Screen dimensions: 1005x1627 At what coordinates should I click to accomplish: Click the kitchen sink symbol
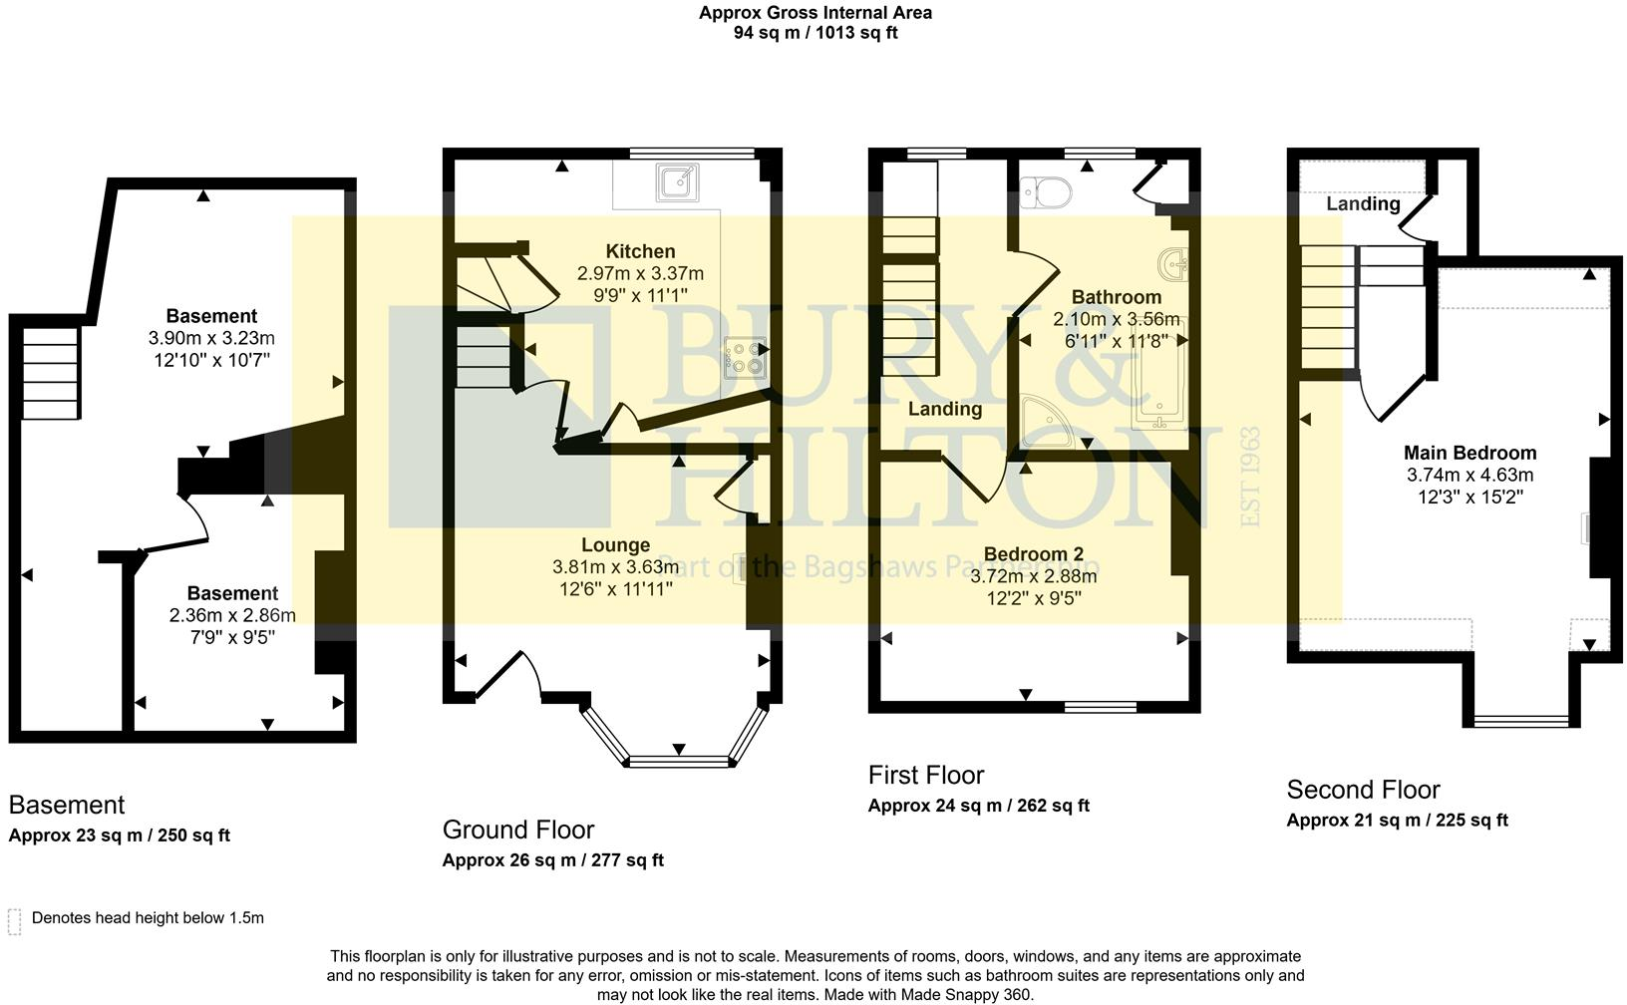coord(678,183)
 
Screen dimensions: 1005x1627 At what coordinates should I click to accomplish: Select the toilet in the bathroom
coord(1046,190)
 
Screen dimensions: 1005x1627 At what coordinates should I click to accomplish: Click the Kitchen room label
coord(640,251)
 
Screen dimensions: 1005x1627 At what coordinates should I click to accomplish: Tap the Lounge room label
coord(615,545)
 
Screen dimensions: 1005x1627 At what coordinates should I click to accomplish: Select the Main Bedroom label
coord(1469,453)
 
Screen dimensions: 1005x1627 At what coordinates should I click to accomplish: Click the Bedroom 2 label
coord(1033,554)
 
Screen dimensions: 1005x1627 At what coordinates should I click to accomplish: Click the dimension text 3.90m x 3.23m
coord(211,338)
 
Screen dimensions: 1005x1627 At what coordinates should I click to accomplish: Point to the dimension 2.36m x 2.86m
coord(232,615)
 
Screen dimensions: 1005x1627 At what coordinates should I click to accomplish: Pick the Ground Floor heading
coord(517,830)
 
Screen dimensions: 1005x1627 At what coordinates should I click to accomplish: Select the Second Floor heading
coord(1363,790)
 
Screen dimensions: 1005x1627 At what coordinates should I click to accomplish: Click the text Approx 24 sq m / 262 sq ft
coord(978,806)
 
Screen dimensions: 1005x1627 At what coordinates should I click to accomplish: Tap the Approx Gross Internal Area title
coord(814,13)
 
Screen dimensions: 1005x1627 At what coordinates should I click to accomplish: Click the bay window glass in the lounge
coord(680,762)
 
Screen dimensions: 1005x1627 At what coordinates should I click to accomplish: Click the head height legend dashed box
coord(14,921)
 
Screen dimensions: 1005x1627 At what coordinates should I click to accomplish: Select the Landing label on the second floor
coord(1362,203)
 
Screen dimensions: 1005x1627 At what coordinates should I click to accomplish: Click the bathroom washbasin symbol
coord(1173,265)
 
